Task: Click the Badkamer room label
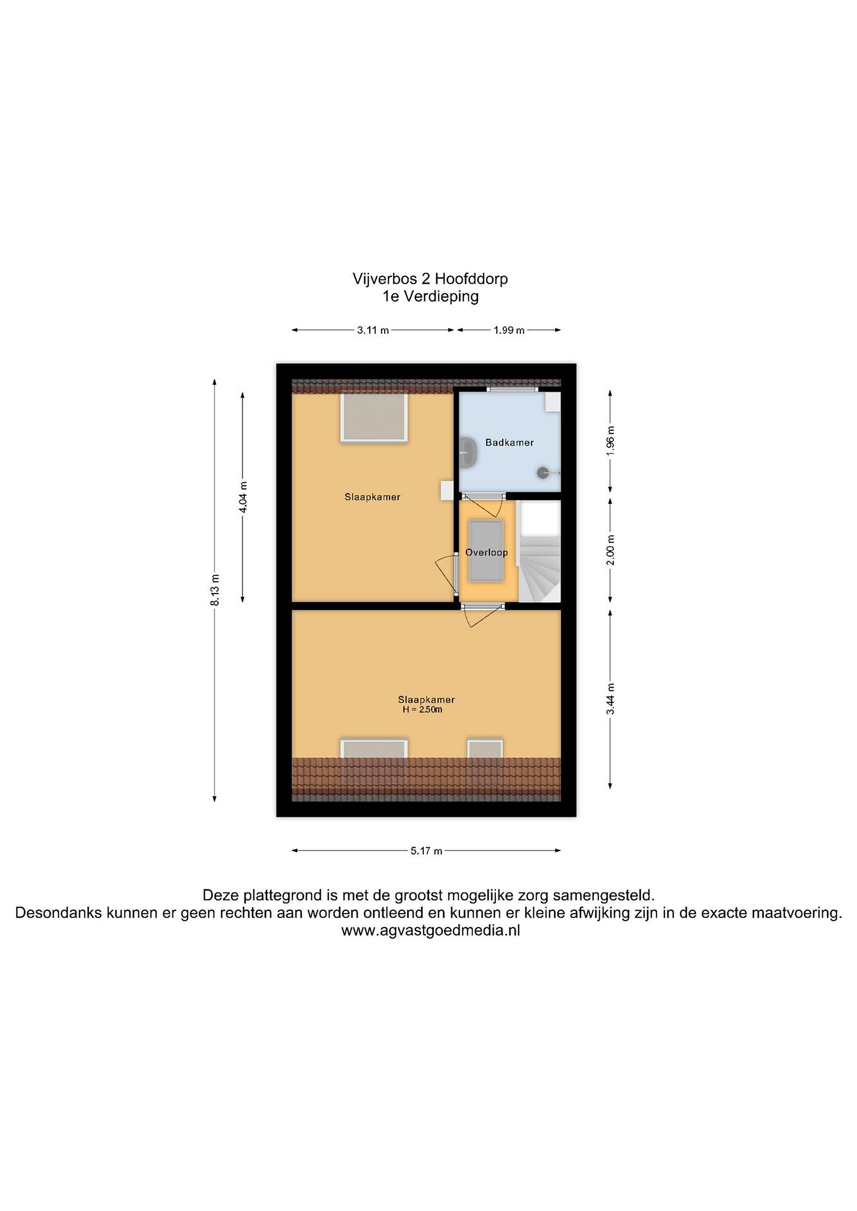pos(509,442)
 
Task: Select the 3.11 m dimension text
pos(373,331)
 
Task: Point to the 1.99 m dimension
pos(509,331)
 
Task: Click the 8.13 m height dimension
pos(215,590)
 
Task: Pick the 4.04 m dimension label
pos(243,497)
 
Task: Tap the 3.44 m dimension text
pos(610,699)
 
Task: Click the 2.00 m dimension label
pos(610,550)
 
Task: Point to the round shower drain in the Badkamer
pos(542,473)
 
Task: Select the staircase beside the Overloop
pos(539,551)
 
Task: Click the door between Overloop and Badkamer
pos(483,496)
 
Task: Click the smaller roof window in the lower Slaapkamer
pos(485,748)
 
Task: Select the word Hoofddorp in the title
pos(471,278)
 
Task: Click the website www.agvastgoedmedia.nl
pos(431,931)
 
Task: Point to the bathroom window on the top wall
pos(512,390)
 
